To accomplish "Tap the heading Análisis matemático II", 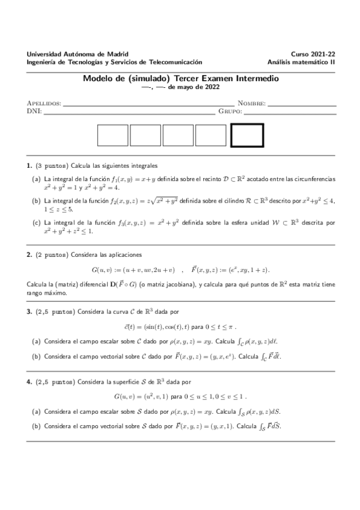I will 302,61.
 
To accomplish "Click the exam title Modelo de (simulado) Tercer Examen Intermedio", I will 180,78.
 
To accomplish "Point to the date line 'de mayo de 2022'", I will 189,87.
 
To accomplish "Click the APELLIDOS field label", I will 44,103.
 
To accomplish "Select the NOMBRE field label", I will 251,103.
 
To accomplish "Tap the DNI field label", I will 34,111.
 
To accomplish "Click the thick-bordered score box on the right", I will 247,135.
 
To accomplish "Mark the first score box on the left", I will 113,135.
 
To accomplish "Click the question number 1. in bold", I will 29,165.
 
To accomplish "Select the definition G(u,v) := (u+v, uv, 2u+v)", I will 133,270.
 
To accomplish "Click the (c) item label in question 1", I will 36,223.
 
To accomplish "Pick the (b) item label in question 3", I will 36,356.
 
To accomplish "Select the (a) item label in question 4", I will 36,412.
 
